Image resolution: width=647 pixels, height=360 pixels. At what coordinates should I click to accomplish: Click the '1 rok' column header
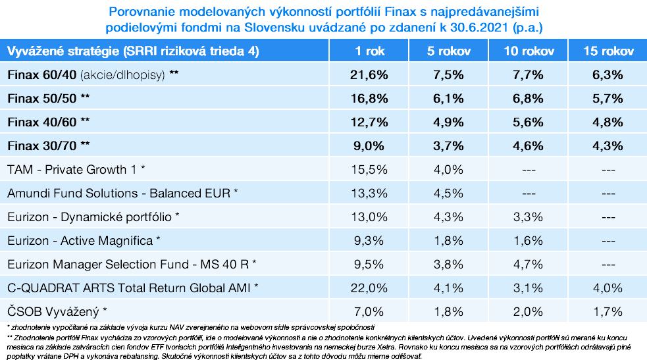[369, 51]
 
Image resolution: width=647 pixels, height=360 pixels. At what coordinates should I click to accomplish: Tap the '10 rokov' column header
[528, 51]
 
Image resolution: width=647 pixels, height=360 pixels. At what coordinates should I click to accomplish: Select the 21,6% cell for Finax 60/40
[369, 75]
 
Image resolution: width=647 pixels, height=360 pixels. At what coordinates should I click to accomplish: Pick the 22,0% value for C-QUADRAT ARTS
[369, 287]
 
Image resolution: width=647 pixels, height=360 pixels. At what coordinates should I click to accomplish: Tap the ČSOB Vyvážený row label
[55, 311]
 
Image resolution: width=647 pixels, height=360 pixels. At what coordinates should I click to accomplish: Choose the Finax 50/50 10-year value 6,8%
[528, 99]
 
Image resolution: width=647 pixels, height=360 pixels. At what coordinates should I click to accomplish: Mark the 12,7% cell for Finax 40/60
[369, 122]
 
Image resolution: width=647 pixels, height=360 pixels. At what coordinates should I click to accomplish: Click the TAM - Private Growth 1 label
[76, 169]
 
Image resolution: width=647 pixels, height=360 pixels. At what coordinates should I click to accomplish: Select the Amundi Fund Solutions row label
[122, 193]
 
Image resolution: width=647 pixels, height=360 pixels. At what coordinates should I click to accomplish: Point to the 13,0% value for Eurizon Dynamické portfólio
[369, 217]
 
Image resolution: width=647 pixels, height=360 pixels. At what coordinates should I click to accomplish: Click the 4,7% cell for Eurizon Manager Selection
[528, 263]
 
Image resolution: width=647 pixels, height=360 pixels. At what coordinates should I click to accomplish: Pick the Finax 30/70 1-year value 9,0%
[369, 145]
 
